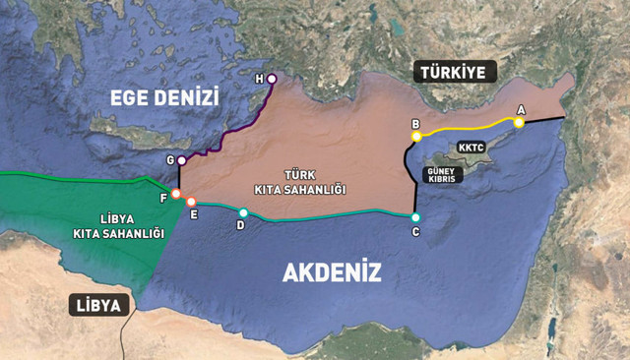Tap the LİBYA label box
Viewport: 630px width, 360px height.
click(99, 305)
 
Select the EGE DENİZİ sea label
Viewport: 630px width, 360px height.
click(163, 95)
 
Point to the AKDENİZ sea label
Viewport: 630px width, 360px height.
click(332, 272)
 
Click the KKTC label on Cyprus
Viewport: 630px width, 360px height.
click(472, 147)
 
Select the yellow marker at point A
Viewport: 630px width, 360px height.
click(519, 123)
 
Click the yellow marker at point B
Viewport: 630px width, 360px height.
click(416, 137)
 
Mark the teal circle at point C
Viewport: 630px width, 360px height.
click(415, 217)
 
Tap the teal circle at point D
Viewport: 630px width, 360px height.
click(243, 212)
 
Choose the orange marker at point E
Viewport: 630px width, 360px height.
click(191, 202)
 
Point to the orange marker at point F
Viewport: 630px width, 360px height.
click(175, 194)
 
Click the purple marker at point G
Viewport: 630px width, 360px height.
click(181, 160)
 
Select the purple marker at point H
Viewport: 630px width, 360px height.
click(272, 78)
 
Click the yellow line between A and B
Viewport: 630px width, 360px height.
click(468, 128)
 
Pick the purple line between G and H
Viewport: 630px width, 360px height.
click(236, 128)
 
